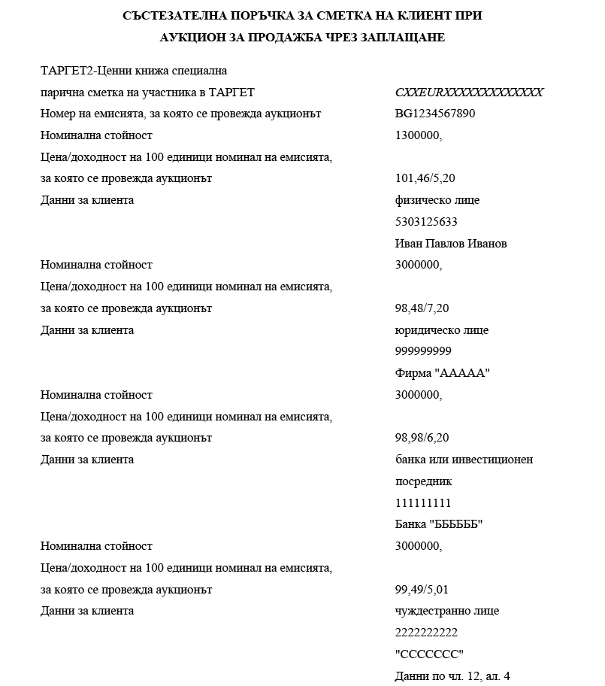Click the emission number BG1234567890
pyautogui.click(x=434, y=114)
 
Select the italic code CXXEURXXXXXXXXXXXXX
pyautogui.click(x=468, y=93)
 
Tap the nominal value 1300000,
pyautogui.click(x=418, y=135)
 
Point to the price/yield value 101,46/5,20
pyautogui.click(x=426, y=179)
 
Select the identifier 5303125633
pyautogui.click(x=425, y=222)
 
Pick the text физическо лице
pyautogui.click(x=437, y=200)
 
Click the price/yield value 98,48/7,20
pyautogui.click(x=422, y=308)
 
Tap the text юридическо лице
pyautogui.click(x=441, y=330)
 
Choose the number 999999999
pyautogui.click(x=422, y=351)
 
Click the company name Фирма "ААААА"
pyautogui.click(x=442, y=373)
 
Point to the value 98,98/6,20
pyautogui.click(x=422, y=438)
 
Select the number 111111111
pyautogui.click(x=422, y=503)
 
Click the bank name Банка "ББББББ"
pyautogui.click(x=438, y=524)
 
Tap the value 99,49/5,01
pyautogui.click(x=422, y=590)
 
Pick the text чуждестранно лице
pyautogui.click(x=446, y=611)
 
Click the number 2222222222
pyautogui.click(x=425, y=633)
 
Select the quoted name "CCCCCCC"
pyautogui.click(x=429, y=654)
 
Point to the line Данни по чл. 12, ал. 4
pyautogui.click(x=452, y=676)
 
